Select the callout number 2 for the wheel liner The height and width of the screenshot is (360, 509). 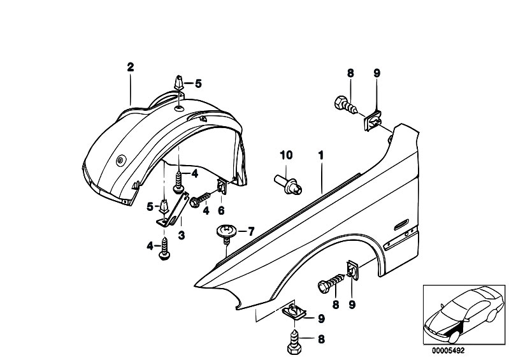[x=130, y=66]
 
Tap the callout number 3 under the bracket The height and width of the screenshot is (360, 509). [x=181, y=234]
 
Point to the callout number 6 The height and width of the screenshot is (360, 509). [x=222, y=210]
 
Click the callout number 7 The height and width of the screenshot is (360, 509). [x=251, y=231]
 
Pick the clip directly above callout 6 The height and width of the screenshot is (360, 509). [x=222, y=187]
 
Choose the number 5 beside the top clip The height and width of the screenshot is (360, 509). [x=197, y=83]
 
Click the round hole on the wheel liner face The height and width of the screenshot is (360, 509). [x=120, y=162]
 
